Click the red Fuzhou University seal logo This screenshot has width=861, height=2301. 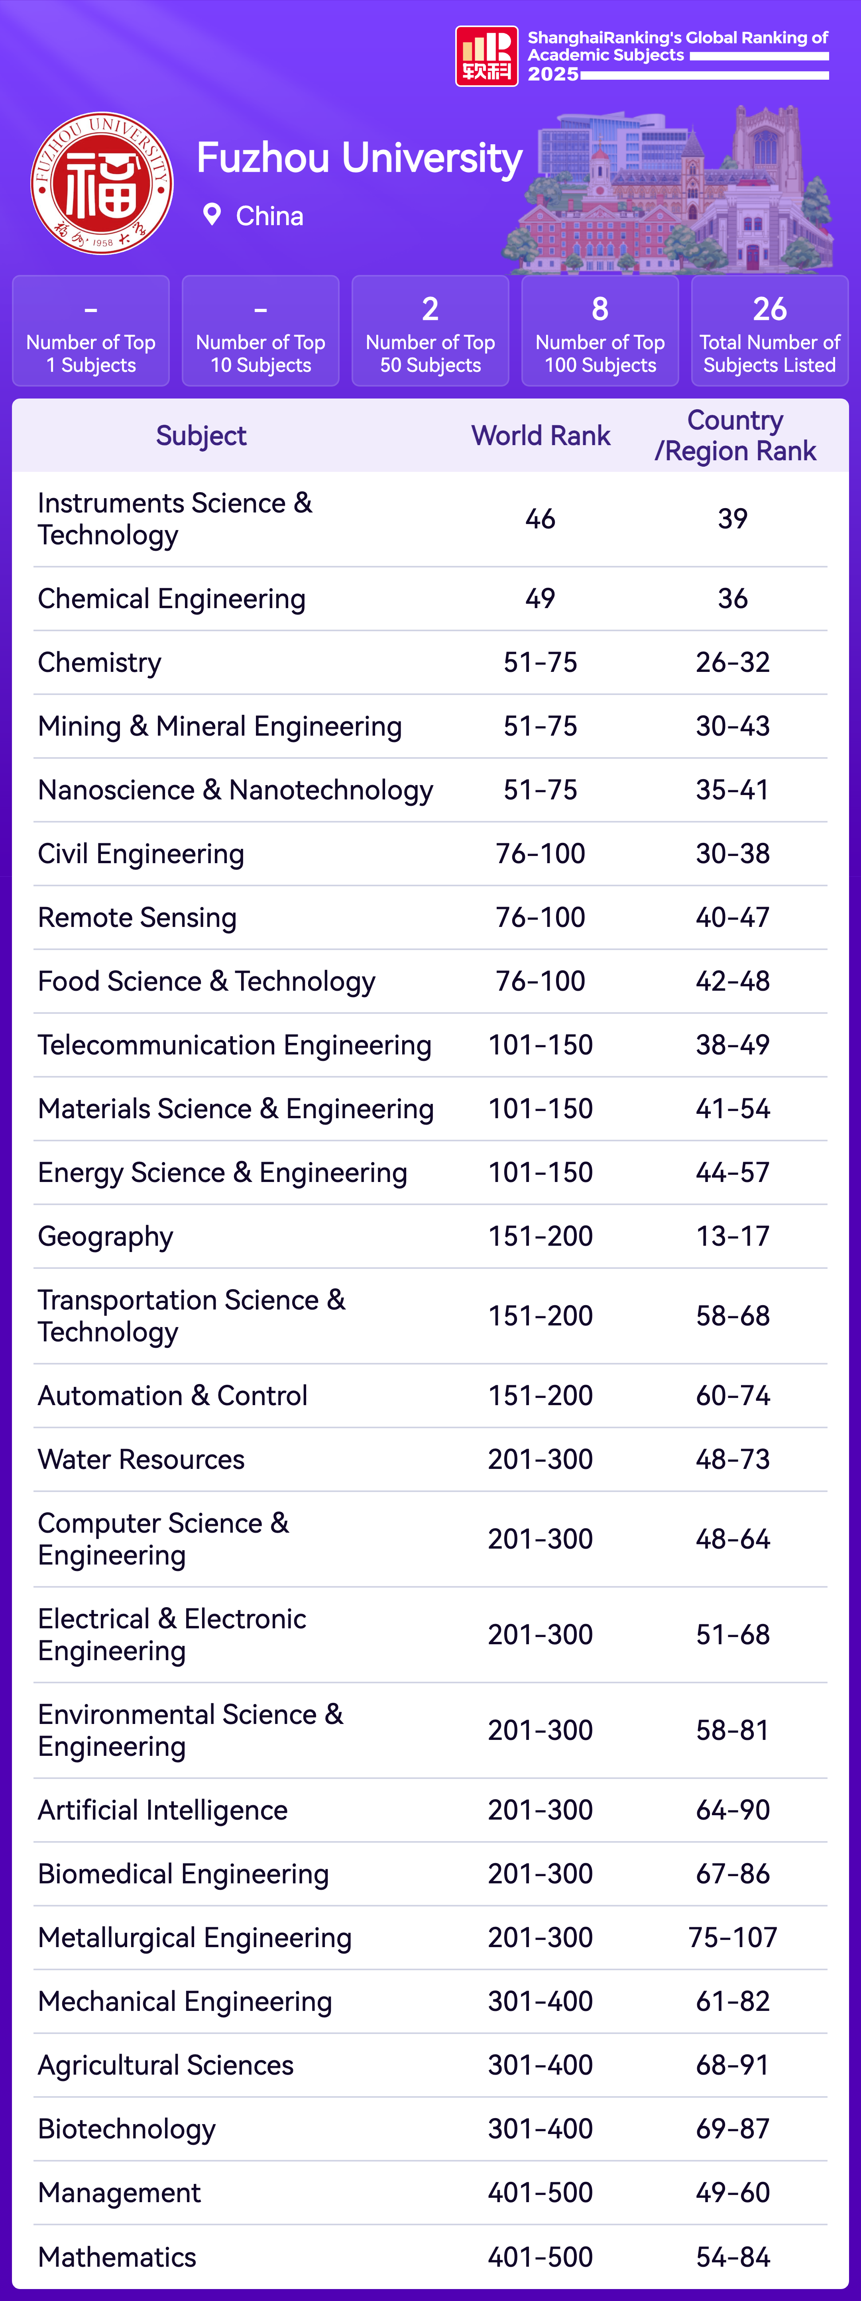[102, 183]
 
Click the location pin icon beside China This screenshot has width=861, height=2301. [212, 214]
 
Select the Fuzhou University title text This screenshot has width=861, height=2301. [359, 158]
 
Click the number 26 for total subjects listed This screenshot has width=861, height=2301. [769, 309]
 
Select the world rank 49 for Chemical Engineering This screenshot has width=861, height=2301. [541, 599]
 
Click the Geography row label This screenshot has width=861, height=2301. [105, 1236]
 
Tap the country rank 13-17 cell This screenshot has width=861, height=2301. [732, 1236]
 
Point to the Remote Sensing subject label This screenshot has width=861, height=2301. [137, 917]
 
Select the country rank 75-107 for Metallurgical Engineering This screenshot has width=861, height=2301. [732, 1938]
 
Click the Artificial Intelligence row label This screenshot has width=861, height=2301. [163, 1810]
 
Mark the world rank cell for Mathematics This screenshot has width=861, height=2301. [541, 2256]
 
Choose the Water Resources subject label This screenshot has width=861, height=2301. [141, 1460]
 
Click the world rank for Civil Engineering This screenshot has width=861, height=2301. [541, 853]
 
